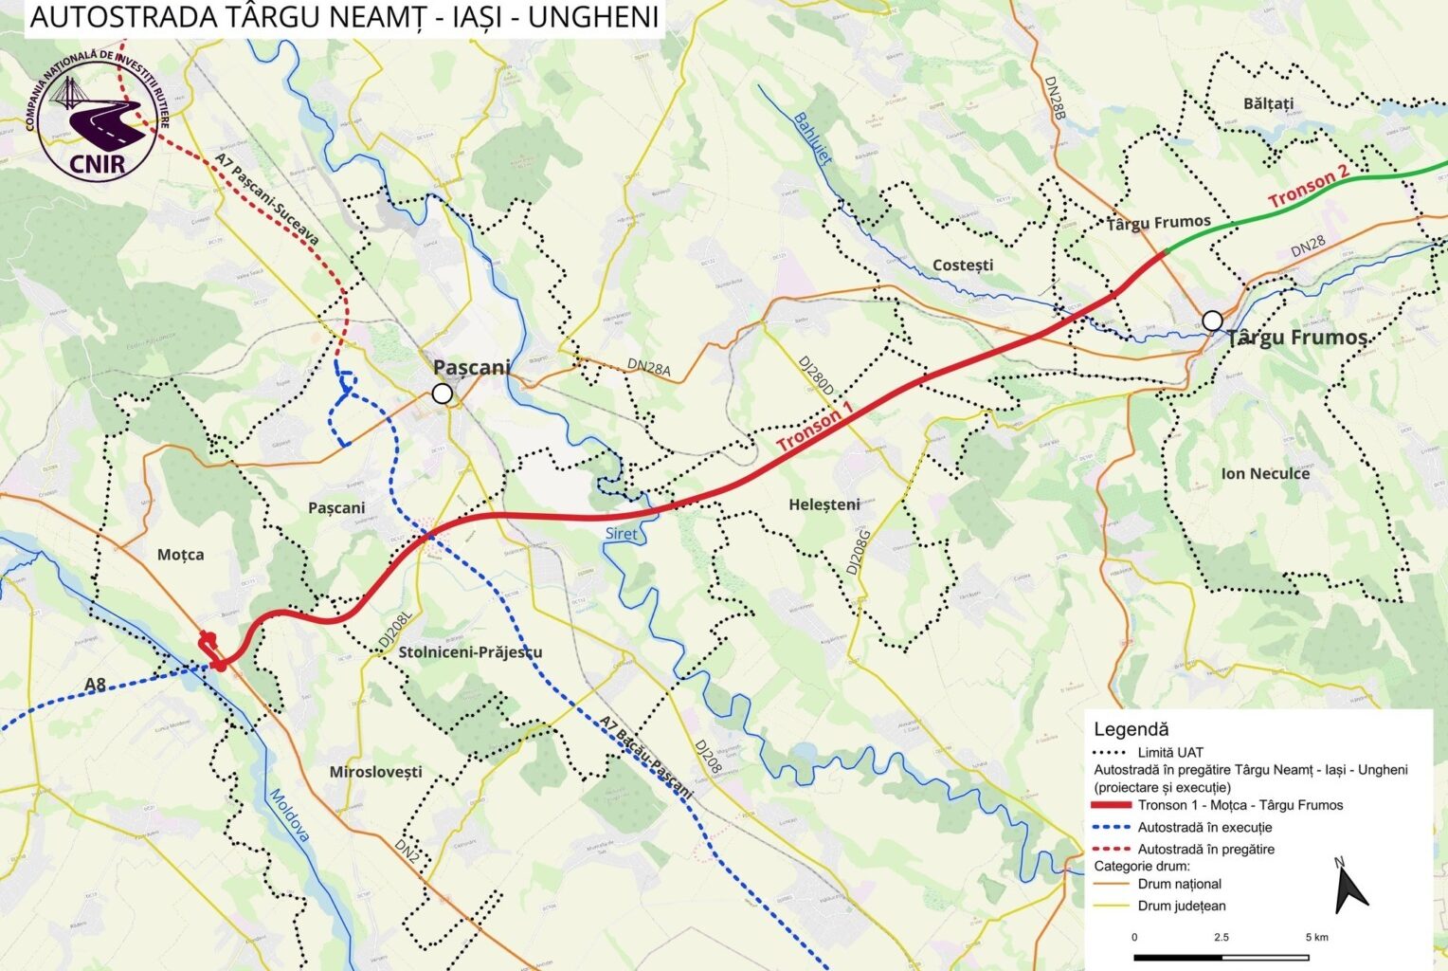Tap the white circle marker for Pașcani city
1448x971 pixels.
(x=442, y=394)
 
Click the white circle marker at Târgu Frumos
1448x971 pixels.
(x=1212, y=321)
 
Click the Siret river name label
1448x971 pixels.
(x=622, y=535)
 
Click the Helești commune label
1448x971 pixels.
(x=824, y=504)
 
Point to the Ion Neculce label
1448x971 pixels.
(x=1265, y=473)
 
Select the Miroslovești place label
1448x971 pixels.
(x=376, y=772)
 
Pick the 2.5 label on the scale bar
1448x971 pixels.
(x=1221, y=937)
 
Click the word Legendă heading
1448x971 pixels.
(x=1131, y=729)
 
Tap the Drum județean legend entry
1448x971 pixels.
(x=1182, y=906)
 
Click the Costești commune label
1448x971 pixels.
(x=963, y=265)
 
